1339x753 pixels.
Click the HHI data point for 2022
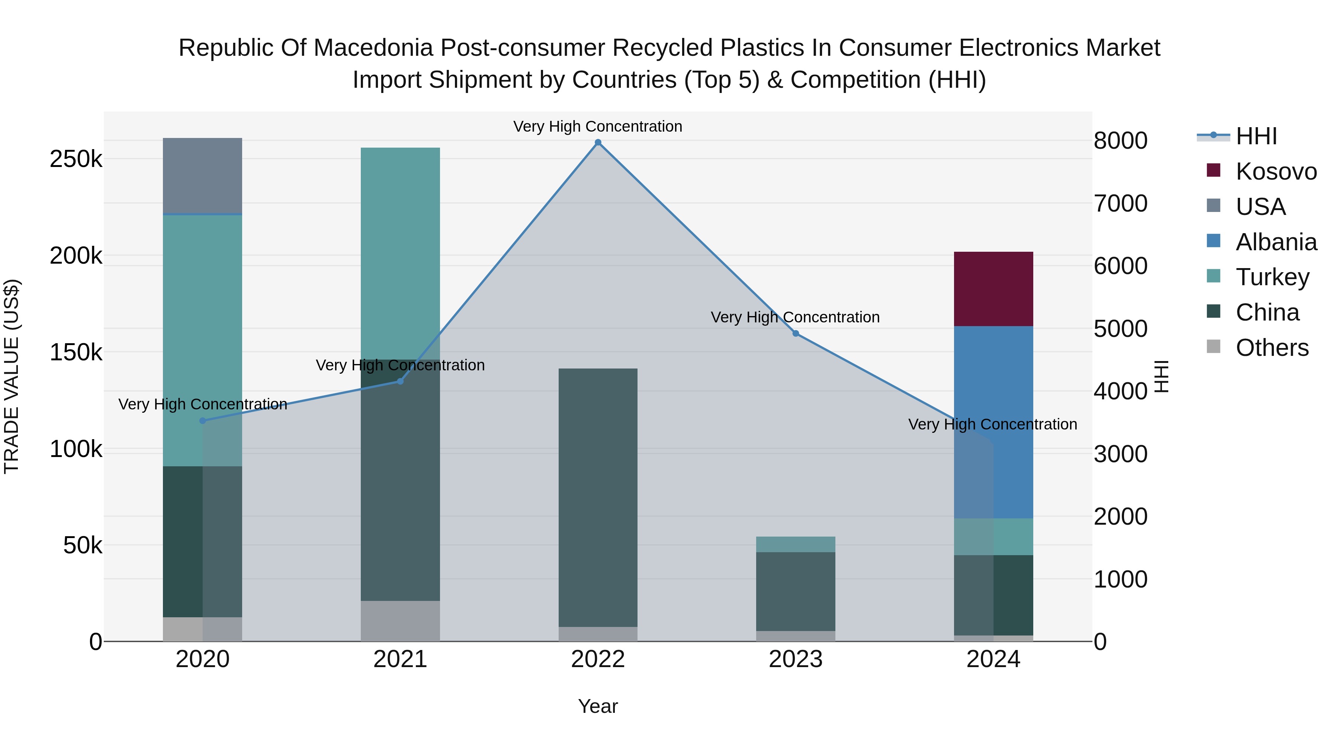pos(598,142)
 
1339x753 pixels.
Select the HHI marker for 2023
pos(795,334)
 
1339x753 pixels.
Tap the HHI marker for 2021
pos(400,382)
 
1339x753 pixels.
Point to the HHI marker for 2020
pos(203,421)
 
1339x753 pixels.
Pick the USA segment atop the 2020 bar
pos(203,176)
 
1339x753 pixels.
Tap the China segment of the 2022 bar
pos(598,497)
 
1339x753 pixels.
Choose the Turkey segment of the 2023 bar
pos(795,544)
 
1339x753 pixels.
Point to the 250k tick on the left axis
pos(76,159)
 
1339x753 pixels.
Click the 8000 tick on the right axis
pos(1120,141)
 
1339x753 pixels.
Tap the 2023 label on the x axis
pos(795,659)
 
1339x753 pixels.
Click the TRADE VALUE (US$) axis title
pos(12,376)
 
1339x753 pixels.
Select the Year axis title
pos(598,706)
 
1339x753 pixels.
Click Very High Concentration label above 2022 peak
pos(598,126)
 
